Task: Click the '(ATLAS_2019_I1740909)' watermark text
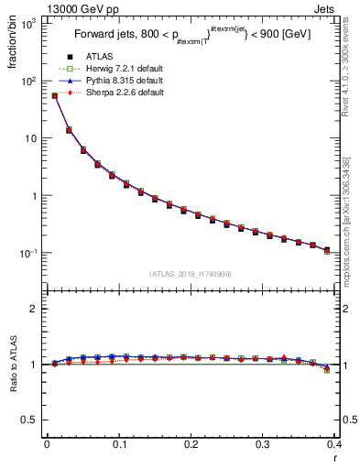tap(191, 274)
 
